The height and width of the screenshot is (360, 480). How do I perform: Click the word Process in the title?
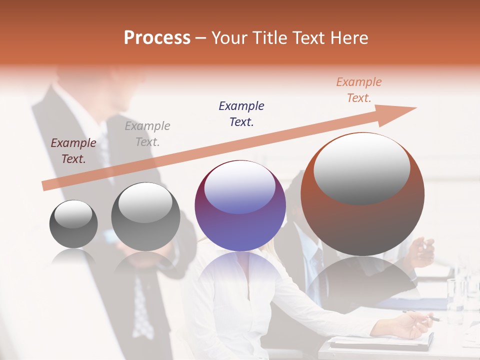(157, 37)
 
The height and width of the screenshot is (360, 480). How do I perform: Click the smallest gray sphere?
(73, 224)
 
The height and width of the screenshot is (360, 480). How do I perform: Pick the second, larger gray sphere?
(145, 216)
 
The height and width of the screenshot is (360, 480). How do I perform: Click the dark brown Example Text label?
(73, 151)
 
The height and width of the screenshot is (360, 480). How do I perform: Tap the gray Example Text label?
(147, 134)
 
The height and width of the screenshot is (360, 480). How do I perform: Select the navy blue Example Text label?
(241, 113)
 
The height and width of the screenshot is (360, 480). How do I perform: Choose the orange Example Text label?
(359, 90)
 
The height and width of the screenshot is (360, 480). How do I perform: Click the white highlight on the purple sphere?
(239, 187)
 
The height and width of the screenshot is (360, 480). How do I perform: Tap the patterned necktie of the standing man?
(142, 310)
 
